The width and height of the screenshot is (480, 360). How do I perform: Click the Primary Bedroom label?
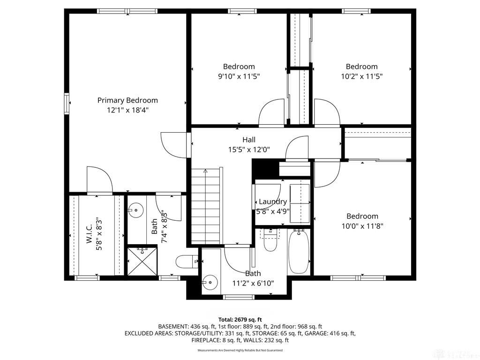pos(127,100)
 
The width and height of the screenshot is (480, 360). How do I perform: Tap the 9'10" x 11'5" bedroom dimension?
pos(239,76)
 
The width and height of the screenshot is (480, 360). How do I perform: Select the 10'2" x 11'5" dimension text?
pos(362,76)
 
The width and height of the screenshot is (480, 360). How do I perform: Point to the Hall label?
pos(249,140)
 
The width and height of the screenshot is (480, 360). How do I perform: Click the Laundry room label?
pos(273,202)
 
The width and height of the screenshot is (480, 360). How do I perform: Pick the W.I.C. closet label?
pos(90,234)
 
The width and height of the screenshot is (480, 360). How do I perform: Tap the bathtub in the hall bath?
pos(299,252)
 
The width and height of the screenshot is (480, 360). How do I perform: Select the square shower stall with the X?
pos(142,261)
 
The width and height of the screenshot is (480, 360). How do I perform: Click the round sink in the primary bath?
pos(135,210)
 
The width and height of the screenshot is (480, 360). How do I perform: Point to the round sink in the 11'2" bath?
pos(210,282)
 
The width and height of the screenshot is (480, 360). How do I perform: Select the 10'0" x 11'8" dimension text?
pos(362,226)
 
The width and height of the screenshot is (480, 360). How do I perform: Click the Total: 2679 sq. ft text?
pos(240,320)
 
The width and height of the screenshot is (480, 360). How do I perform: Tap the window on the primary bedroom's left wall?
pos(67,104)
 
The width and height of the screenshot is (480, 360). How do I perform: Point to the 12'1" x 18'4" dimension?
pos(127,110)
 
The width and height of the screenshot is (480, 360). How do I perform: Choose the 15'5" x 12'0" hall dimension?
pos(249,150)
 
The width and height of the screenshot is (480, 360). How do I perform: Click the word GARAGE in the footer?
pos(317,333)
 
